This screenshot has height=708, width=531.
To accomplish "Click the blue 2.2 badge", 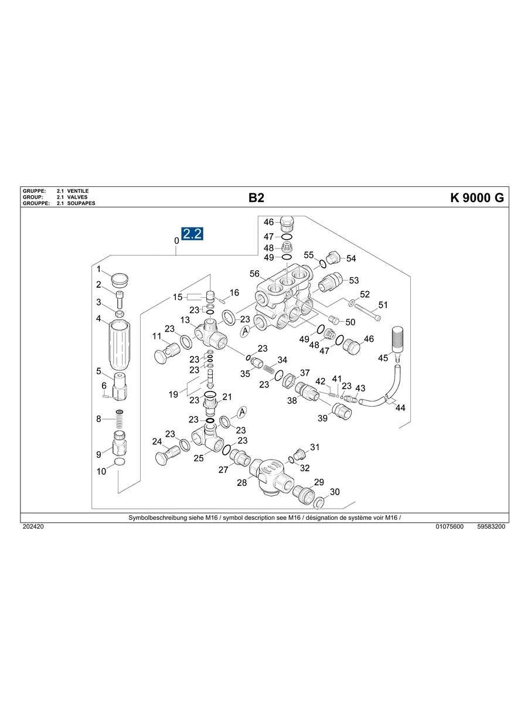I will [x=192, y=234].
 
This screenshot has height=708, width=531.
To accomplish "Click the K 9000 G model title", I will [x=476, y=198].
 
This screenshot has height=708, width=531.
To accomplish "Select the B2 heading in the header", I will [x=256, y=198].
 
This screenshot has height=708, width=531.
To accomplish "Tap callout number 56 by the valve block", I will [x=254, y=274].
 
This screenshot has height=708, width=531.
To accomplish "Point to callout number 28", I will [x=242, y=482].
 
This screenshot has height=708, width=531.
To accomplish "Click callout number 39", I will [x=322, y=418].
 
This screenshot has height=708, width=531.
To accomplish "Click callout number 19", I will [x=173, y=394].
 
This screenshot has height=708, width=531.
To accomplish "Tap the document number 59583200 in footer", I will [x=491, y=527].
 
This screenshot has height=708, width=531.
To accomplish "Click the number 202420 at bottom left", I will [x=33, y=527].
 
